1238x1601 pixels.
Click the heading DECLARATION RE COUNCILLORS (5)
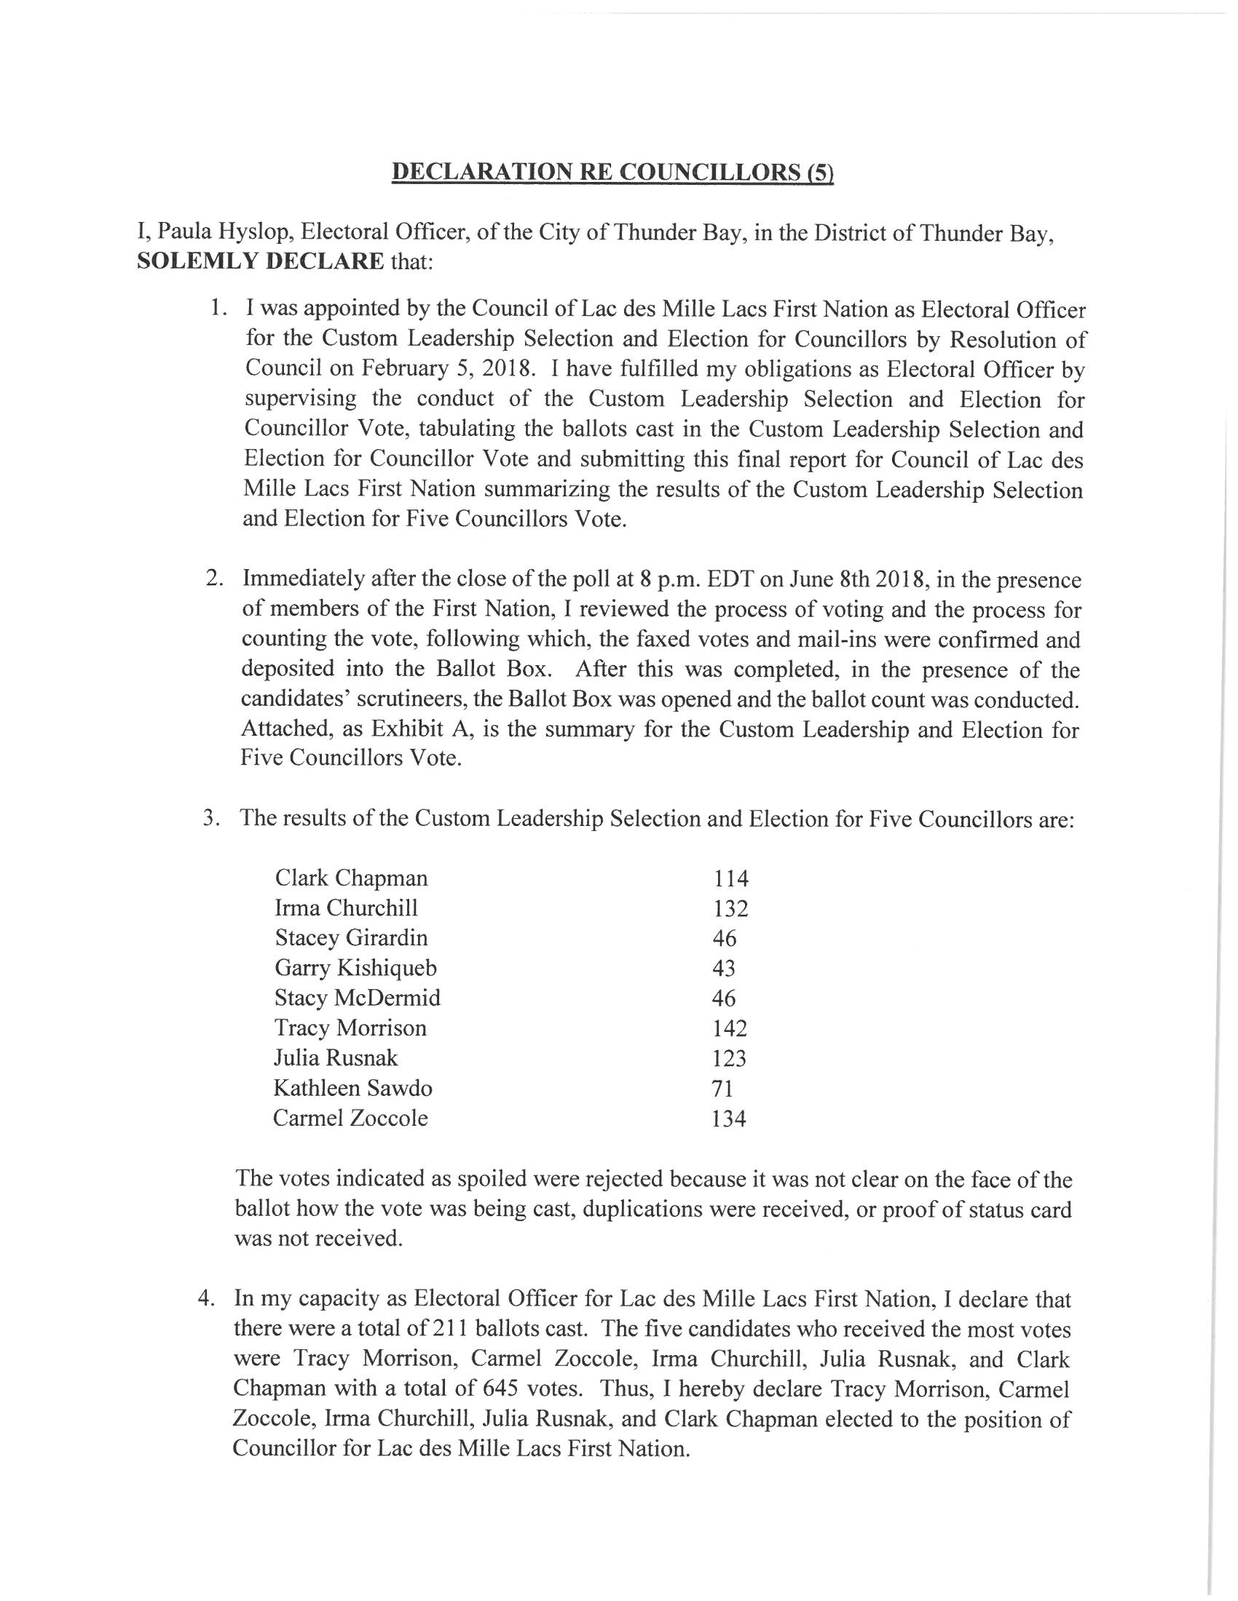613,172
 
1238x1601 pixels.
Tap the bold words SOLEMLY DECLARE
261,262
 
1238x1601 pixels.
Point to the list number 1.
216,309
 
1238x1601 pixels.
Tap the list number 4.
207,1298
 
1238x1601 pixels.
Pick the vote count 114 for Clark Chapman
730,878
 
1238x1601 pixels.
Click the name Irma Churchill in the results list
346,908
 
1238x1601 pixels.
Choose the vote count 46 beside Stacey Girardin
724,938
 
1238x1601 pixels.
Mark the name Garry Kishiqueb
355,969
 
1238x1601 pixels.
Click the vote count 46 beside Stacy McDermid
724,998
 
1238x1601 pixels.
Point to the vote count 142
730,1028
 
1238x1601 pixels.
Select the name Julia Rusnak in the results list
336,1058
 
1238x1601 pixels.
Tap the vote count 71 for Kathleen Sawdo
722,1089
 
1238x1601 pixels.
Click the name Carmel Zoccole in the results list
350,1118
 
